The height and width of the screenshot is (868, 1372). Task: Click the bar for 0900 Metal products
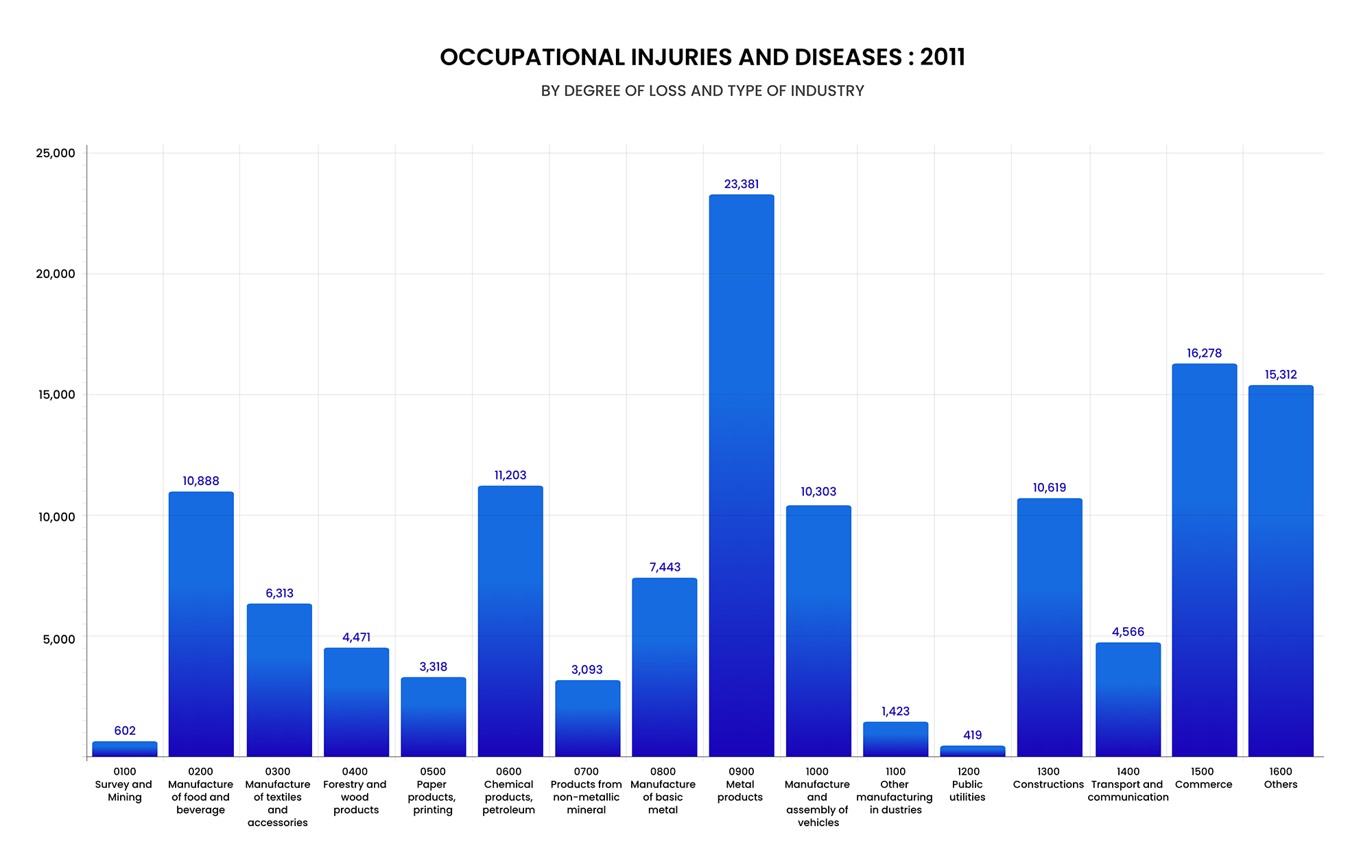click(742, 476)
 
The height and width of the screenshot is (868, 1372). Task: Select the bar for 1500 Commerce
click(1204, 560)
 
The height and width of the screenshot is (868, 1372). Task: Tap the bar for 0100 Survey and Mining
click(125, 749)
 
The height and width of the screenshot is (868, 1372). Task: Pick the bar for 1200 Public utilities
click(972, 751)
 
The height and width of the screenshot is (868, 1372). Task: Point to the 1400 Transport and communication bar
click(1128, 699)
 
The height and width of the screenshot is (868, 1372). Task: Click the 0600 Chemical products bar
click(510, 621)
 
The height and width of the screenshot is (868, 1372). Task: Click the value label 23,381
click(742, 184)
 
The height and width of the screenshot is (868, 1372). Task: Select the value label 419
click(972, 735)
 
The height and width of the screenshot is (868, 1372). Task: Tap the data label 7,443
click(665, 567)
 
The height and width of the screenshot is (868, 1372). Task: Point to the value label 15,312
click(1281, 375)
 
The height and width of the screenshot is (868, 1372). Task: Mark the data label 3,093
click(587, 670)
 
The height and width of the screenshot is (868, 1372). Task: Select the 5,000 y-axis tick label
click(59, 639)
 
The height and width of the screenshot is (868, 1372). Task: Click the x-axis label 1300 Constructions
click(1048, 778)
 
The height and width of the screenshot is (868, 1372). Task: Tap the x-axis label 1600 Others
click(1281, 778)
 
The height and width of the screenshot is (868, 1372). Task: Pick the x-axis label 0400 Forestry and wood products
click(355, 790)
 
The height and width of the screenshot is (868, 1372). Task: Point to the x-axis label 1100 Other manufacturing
click(895, 790)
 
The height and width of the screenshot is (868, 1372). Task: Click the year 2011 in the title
click(943, 57)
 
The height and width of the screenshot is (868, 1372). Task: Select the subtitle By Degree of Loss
click(702, 91)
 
